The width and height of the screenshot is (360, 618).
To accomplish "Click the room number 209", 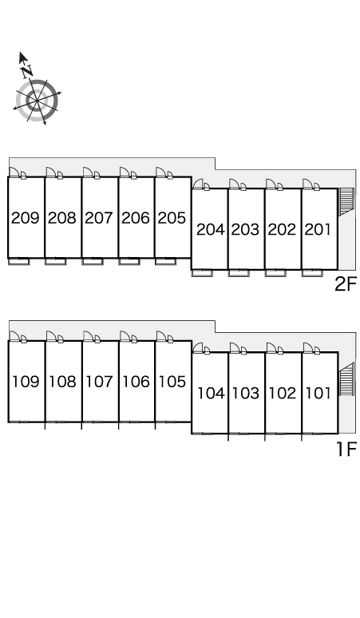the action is (x=26, y=217).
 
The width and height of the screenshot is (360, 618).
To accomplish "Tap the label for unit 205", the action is (x=172, y=217).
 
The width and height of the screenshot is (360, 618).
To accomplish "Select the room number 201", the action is (x=318, y=229).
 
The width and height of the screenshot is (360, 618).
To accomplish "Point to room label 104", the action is (x=211, y=393).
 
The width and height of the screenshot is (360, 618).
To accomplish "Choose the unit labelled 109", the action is (x=26, y=382).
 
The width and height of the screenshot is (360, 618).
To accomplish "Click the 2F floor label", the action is (x=346, y=284).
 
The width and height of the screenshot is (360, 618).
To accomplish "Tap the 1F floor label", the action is (x=346, y=449).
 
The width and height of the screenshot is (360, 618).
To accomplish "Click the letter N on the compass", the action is (x=27, y=71).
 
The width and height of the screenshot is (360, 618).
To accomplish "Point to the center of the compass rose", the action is (x=37, y=101).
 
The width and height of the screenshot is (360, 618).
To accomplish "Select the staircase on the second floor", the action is (x=346, y=202).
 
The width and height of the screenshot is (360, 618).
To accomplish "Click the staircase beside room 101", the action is (x=346, y=378).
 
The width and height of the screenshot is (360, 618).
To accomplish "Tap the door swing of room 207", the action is (x=89, y=172).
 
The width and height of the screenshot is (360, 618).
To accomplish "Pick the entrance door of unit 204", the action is (x=198, y=184).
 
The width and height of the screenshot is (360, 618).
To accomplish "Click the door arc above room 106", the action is (x=125, y=336).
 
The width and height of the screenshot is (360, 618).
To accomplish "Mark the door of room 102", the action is (x=271, y=347).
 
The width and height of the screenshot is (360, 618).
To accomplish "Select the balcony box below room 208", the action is (x=56, y=261).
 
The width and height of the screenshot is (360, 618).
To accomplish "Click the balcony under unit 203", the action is (x=239, y=273).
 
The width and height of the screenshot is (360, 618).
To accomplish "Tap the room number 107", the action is (x=99, y=382).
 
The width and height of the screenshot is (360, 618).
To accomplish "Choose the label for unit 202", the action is (x=282, y=229).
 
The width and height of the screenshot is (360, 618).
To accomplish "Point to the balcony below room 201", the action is (x=312, y=273).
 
